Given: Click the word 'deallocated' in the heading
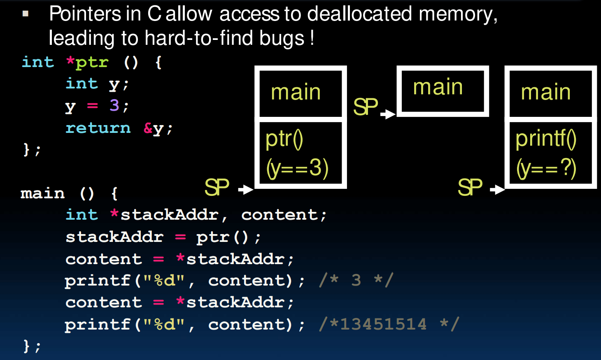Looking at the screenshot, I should (359, 14).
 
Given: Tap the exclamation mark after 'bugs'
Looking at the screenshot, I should (312, 37).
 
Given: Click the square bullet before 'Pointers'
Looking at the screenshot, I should (26, 14).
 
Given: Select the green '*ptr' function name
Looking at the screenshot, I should (88, 63).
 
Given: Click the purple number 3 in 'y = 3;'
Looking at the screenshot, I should (114, 106).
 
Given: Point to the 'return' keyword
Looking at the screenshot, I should (98, 128).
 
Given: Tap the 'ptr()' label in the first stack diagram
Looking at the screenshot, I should (284, 139).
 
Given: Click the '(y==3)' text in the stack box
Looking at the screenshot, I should (297, 168).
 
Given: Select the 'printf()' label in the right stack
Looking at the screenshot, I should (545, 139).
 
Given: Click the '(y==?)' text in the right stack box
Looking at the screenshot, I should (546, 168).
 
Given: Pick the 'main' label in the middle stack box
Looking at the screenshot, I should (438, 87).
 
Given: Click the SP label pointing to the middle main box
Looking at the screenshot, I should (365, 107).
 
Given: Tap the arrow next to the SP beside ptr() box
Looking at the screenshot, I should (246, 189).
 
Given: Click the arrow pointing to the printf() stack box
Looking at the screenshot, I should (497, 189).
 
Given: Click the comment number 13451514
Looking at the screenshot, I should (383, 324).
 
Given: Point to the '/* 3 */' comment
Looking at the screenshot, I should (356, 280).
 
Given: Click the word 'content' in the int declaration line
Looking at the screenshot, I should (279, 215).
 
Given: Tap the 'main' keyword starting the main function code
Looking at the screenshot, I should (43, 193).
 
